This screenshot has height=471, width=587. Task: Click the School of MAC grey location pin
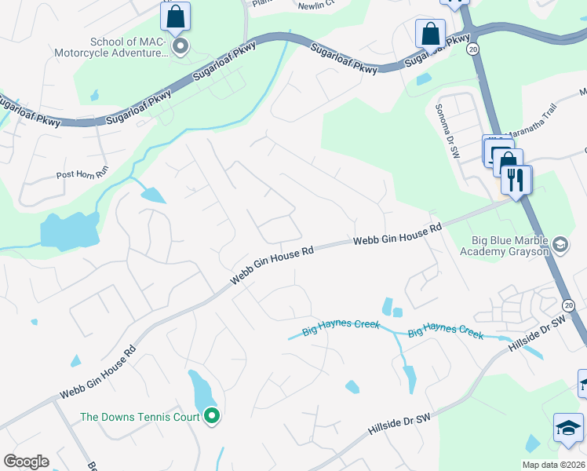[180, 47]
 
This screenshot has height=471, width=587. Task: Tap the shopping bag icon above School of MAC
[176, 16]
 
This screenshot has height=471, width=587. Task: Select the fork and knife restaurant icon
[516, 180]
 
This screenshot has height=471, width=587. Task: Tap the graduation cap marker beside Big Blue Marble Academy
[560, 245]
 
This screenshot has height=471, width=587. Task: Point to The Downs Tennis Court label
[140, 417]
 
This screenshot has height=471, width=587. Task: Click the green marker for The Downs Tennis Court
[211, 416]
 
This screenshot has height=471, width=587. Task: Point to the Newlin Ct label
[316, 4]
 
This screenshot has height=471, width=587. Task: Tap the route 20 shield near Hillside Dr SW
[569, 305]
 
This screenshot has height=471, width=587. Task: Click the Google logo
[26, 462]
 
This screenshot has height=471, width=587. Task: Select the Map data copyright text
[553, 465]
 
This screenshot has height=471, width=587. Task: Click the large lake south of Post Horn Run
[67, 231]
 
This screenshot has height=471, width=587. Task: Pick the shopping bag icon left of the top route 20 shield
[430, 34]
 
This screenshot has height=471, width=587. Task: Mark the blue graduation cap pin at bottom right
[567, 428]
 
